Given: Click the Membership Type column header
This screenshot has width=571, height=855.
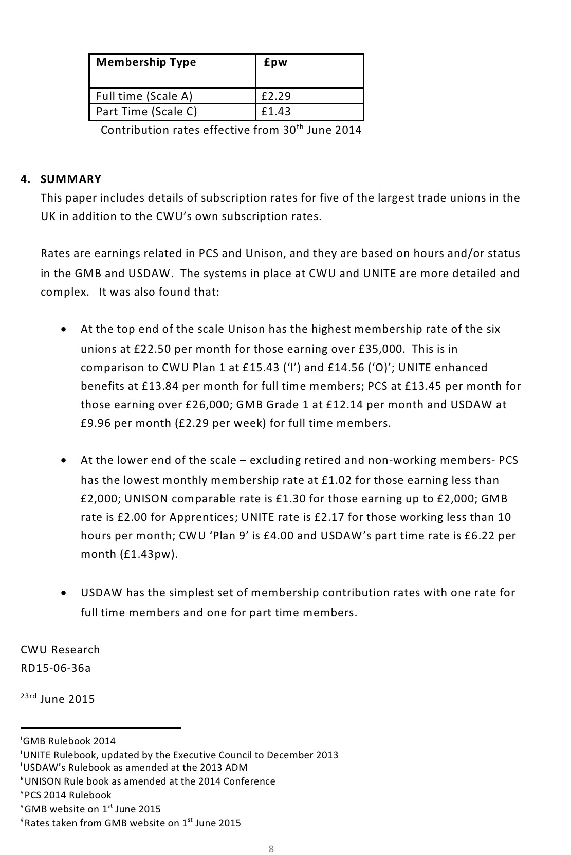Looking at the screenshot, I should pyautogui.click(x=146, y=62).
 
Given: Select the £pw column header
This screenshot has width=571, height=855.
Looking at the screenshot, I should pyautogui.click(x=275, y=62).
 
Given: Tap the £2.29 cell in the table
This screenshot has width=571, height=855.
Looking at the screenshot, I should pyautogui.click(x=276, y=96).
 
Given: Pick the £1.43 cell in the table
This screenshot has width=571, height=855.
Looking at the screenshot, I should pyautogui.click(x=276, y=112).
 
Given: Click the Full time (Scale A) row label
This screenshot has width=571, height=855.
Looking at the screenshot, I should pyautogui.click(x=144, y=96).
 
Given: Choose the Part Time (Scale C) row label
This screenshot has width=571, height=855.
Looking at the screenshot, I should pyautogui.click(x=146, y=112).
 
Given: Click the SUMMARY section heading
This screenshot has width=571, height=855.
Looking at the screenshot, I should pyautogui.click(x=71, y=179).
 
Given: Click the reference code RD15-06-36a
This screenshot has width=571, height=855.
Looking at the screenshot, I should pyautogui.click(x=56, y=668).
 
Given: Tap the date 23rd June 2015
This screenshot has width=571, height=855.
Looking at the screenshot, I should pyautogui.click(x=58, y=699).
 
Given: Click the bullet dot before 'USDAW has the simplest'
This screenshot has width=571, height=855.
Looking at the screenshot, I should pyautogui.click(x=63, y=593).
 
